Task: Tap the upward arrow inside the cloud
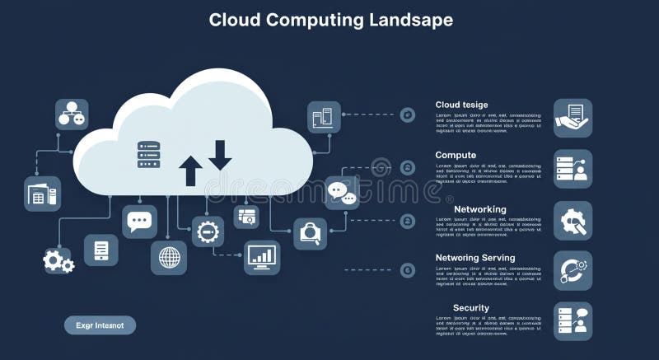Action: (x=190, y=170)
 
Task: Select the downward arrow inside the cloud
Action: (x=220, y=155)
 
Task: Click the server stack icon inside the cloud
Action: (x=148, y=155)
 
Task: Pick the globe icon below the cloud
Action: (x=169, y=258)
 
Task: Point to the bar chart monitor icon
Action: (x=262, y=257)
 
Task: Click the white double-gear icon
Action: (x=58, y=261)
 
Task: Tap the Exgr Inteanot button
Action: (x=100, y=325)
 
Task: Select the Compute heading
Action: (x=456, y=155)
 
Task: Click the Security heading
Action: (x=471, y=308)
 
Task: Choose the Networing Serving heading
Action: (x=475, y=258)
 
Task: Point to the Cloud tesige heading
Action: (x=461, y=105)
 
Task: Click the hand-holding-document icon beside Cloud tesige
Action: (x=573, y=118)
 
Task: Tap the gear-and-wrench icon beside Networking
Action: (x=573, y=220)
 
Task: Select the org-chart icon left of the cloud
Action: (x=72, y=115)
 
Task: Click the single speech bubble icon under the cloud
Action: (x=139, y=222)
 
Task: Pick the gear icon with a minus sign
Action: (x=208, y=231)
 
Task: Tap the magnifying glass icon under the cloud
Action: (x=311, y=233)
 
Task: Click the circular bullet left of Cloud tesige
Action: (x=408, y=115)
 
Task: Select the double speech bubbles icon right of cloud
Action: (x=341, y=193)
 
